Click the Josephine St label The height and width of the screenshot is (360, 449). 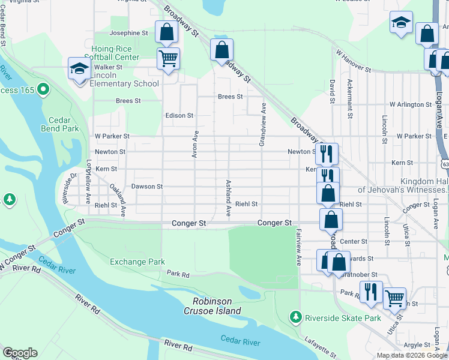click(129, 33)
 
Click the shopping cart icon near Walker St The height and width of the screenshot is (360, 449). click(168, 59)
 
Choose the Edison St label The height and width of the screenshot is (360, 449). click(179, 115)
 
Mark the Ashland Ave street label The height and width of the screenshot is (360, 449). click(228, 197)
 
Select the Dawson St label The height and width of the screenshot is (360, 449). click(147, 187)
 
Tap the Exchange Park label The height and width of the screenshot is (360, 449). click(137, 262)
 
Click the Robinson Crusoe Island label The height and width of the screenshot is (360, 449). click(217, 306)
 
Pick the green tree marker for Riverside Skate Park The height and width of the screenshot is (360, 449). click(295, 316)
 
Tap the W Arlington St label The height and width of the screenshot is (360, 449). click(411, 104)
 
